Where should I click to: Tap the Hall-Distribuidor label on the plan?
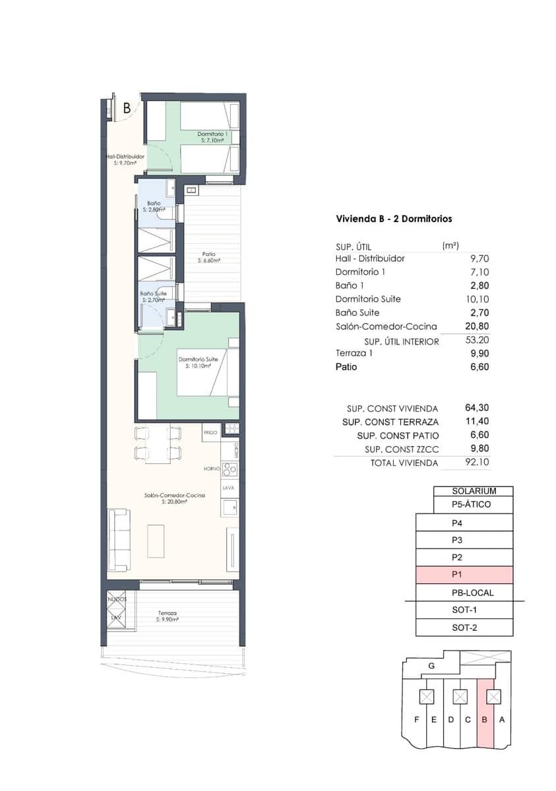click(x=125, y=159)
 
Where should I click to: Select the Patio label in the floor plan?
click(x=208, y=257)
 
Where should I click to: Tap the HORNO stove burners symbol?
click(x=230, y=469)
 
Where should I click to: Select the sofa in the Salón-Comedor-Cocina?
click(x=119, y=541)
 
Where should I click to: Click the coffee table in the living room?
click(x=156, y=541)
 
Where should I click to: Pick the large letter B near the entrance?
click(x=127, y=109)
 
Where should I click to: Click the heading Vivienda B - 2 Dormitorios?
click(x=394, y=219)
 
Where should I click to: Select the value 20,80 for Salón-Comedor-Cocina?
click(x=477, y=326)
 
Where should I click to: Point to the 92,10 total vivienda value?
click(x=477, y=463)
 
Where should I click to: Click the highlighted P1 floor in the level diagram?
click(x=464, y=575)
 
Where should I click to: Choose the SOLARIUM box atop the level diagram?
click(x=473, y=491)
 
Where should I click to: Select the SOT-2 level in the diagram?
click(x=464, y=628)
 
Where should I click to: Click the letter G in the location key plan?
click(x=431, y=666)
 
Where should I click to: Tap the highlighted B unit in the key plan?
click(x=485, y=719)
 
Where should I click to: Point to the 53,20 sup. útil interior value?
click(x=477, y=341)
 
